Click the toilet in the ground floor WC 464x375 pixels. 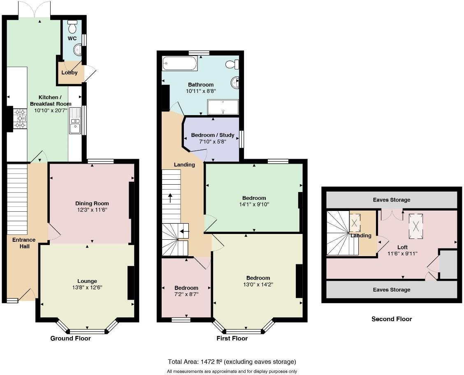[x=72, y=27]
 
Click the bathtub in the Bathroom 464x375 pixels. [x=179, y=64]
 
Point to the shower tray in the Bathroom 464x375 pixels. [x=223, y=107]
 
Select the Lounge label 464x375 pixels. [x=87, y=281]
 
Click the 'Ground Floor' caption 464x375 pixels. [x=70, y=338]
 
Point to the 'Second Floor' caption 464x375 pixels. [x=391, y=319]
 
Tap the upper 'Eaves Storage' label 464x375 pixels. [x=391, y=200]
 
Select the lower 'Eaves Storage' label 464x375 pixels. [x=391, y=289]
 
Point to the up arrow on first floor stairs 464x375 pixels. [x=170, y=197]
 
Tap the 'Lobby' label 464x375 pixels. [x=70, y=73]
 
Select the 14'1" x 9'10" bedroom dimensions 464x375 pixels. [x=254, y=204]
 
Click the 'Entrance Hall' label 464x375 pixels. [x=23, y=243]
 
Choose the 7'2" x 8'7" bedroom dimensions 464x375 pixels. [x=186, y=294]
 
